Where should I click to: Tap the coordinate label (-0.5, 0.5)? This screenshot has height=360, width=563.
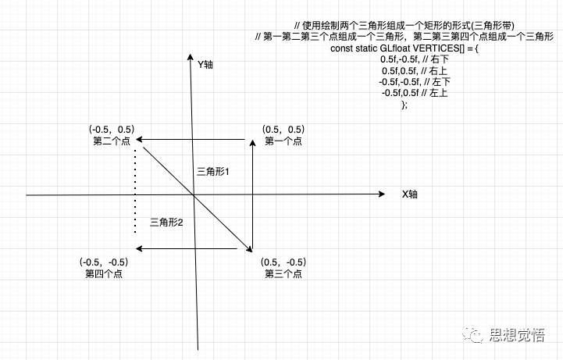click(111, 129)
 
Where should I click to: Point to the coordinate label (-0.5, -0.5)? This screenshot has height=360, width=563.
click(104, 261)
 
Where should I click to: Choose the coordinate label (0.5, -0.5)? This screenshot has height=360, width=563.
click(284, 261)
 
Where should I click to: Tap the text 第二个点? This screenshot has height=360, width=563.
click(111, 141)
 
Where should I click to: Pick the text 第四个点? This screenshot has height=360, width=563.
click(104, 273)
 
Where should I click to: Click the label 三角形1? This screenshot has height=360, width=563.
click(212, 170)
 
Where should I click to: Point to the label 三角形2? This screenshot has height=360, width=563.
click(166, 223)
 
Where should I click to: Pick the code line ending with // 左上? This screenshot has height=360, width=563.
click(403, 93)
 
